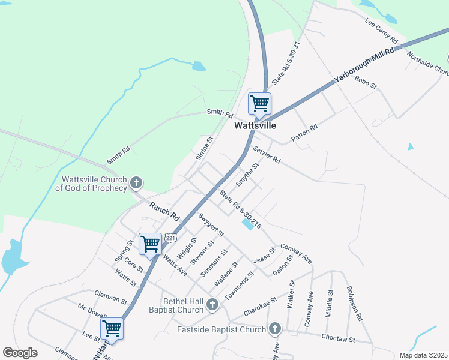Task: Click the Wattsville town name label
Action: click(255, 126)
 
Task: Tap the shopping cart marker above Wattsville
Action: click(259, 103)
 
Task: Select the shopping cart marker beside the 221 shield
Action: click(150, 244)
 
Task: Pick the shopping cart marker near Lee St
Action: click(112, 328)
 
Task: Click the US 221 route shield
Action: click(172, 238)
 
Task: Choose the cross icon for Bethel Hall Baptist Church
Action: click(212, 305)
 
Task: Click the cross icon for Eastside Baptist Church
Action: click(274, 328)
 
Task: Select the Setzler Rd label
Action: click(267, 155)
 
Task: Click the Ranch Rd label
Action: click(165, 211)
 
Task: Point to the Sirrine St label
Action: click(205, 148)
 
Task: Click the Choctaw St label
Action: click(339, 339)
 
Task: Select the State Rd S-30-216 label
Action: click(240, 210)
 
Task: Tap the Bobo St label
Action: click(365, 82)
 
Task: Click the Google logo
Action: click(20, 353)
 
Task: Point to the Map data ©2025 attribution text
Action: click(423, 355)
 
